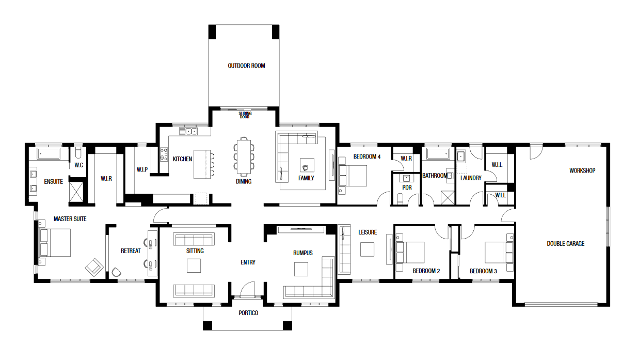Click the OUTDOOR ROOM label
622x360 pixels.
[x=246, y=66]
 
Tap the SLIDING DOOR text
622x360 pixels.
[x=245, y=115]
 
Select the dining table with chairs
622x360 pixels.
[x=244, y=156]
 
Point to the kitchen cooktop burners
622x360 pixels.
[x=164, y=154]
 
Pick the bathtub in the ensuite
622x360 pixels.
[x=49, y=154]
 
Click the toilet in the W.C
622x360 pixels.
[x=78, y=152]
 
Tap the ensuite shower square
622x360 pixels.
[x=76, y=192]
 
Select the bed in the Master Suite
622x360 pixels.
[x=55, y=243]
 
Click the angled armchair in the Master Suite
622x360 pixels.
[x=94, y=267]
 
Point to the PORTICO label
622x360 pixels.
[x=248, y=313]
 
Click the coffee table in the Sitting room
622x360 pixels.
[x=194, y=265]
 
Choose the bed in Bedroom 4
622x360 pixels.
[x=353, y=176]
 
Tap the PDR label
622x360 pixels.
[x=407, y=188]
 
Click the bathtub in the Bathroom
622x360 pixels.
[x=438, y=154]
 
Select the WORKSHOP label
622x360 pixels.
[x=582, y=170]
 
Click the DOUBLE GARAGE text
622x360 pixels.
[x=565, y=244]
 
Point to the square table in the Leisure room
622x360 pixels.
[x=367, y=249]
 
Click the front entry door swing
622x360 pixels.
[x=248, y=289]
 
